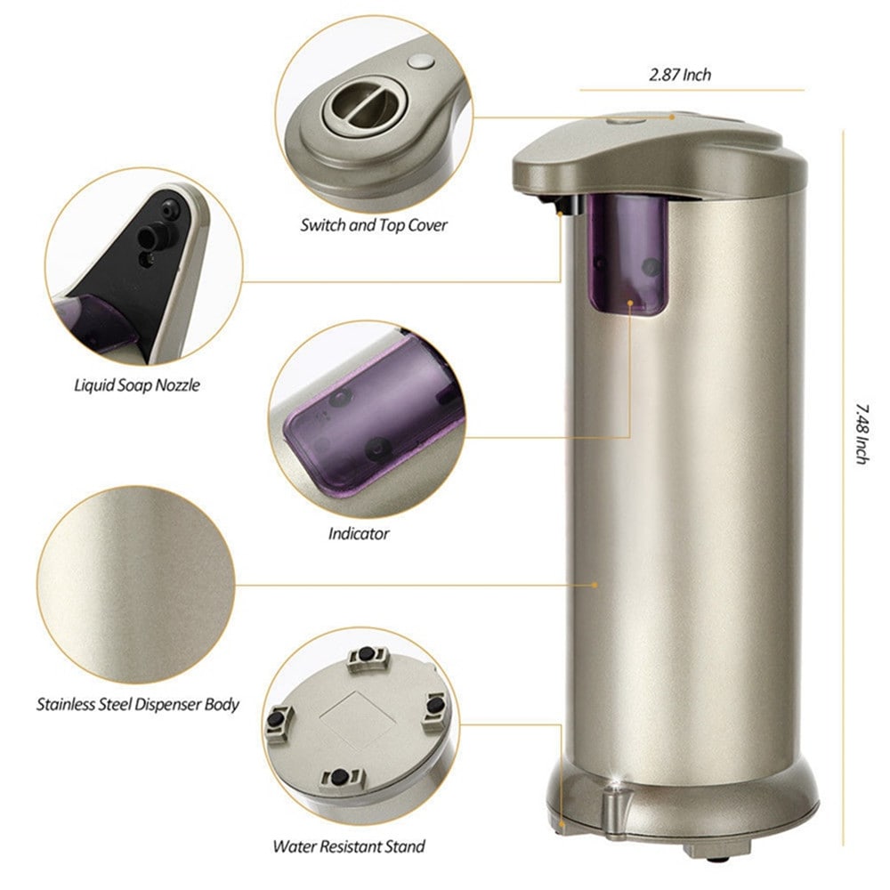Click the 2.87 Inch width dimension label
tap(679, 76)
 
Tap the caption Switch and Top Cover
tap(373, 226)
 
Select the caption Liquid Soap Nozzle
tap(136, 386)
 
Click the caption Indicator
tap(359, 534)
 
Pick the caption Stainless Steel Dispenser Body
tap(138, 704)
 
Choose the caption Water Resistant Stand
tap(349, 846)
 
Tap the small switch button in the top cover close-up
tap(422, 63)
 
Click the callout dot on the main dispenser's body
tap(595, 585)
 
